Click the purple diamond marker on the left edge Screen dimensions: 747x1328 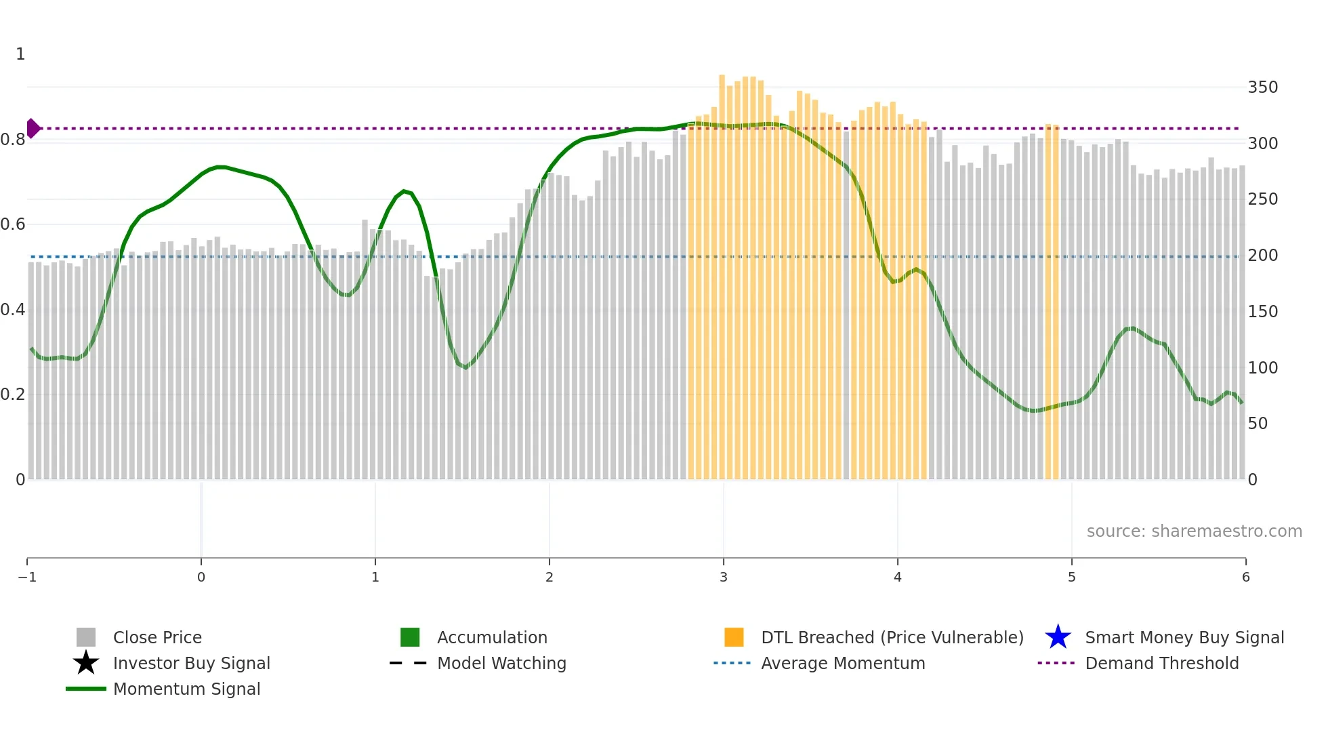(33, 128)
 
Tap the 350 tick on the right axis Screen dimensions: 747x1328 (1262, 87)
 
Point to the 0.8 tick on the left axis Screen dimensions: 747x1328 (13, 140)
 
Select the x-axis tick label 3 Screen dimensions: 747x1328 (723, 578)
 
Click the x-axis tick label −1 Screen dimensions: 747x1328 (27, 578)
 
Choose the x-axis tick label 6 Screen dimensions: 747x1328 (1245, 578)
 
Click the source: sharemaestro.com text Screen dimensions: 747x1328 (1194, 531)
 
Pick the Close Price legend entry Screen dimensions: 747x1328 (157, 638)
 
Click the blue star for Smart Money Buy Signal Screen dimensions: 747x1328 (1058, 637)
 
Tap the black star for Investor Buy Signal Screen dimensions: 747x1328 (86, 663)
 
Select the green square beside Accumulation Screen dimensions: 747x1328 (410, 637)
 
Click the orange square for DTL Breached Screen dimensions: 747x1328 (734, 637)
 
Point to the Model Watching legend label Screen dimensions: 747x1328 (501, 664)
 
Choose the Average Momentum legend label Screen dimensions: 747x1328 (843, 664)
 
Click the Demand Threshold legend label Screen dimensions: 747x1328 (1161, 664)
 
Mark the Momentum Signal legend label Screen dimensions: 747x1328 (186, 689)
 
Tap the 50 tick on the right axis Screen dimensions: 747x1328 (1258, 424)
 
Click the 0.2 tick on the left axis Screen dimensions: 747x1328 (13, 395)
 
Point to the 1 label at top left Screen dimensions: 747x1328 (20, 54)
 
